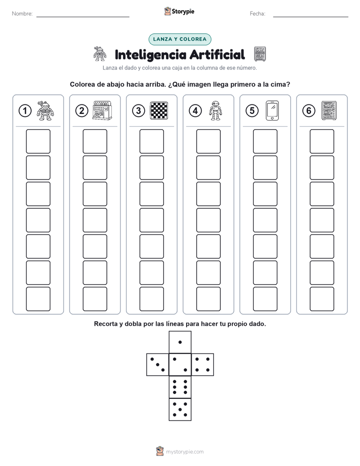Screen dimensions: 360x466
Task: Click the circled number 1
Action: coord(25,111)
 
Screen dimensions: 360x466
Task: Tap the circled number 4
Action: coord(195,111)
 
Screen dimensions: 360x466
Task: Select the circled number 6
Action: coord(309,111)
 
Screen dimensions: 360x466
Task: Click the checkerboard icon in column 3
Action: coord(159,110)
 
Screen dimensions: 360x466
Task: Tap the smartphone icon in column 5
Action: coord(272,110)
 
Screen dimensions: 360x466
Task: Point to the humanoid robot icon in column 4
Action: coord(216,110)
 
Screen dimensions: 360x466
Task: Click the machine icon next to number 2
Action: coord(102,110)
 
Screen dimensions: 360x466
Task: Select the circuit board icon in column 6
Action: coord(329,110)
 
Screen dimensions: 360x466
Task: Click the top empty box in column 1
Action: coord(38,141)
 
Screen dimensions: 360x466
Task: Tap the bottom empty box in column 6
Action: coord(322,299)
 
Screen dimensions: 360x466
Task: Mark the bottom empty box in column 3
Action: coord(151,299)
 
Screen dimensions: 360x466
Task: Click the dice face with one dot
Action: coord(180,342)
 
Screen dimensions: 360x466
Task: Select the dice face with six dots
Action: coord(180,387)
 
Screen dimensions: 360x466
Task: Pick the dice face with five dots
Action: coord(180,410)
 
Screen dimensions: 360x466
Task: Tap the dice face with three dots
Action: coord(158,365)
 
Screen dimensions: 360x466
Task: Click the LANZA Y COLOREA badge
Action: coord(179,39)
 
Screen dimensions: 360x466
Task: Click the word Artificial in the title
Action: coord(217,54)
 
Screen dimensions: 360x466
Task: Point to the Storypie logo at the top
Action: coord(179,11)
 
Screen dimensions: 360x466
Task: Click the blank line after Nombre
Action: coord(83,17)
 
